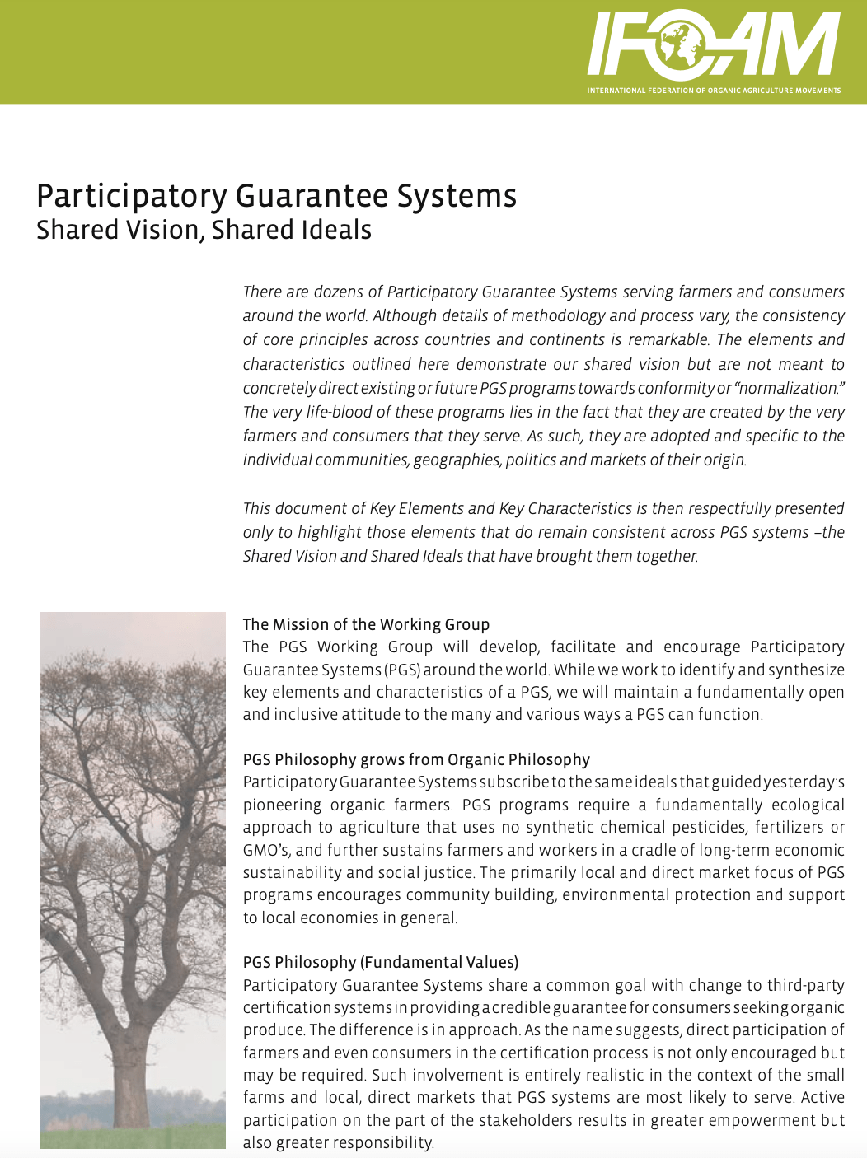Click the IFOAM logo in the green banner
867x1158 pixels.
click(x=714, y=45)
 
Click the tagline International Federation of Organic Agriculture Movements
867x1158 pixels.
click(x=714, y=91)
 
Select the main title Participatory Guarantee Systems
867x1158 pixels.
click(x=276, y=196)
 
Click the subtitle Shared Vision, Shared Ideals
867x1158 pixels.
click(x=204, y=230)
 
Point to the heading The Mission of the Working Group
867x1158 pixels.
click(x=366, y=624)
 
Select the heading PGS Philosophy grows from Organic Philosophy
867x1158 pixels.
click(x=416, y=759)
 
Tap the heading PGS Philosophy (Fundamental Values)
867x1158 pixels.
click(x=380, y=962)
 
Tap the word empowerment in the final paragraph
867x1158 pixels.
click(x=762, y=1120)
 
